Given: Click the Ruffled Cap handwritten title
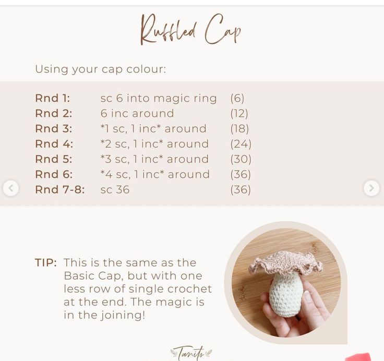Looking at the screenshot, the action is [x=191, y=29].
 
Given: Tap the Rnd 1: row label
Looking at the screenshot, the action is [x=53, y=98].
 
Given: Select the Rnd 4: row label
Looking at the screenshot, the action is [x=54, y=144].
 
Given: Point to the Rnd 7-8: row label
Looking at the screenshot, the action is [x=60, y=189].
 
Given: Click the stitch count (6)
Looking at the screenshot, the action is [x=237, y=98].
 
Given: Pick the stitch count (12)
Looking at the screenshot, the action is [x=239, y=113].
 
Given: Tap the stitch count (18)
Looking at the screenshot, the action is [x=239, y=128].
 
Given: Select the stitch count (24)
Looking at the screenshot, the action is [x=241, y=144].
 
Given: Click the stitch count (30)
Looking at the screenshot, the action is [x=241, y=159].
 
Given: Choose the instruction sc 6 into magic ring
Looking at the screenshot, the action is [x=159, y=99].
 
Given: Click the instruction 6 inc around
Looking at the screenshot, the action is [x=137, y=113].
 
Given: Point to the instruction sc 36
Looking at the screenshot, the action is [x=115, y=189].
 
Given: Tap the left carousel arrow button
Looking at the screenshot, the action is [x=11, y=188].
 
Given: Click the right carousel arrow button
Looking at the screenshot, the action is [x=371, y=188].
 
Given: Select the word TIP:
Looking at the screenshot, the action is [x=46, y=262].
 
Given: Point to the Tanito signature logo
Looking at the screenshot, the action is [x=191, y=353].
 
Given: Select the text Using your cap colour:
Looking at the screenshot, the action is [x=101, y=69].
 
